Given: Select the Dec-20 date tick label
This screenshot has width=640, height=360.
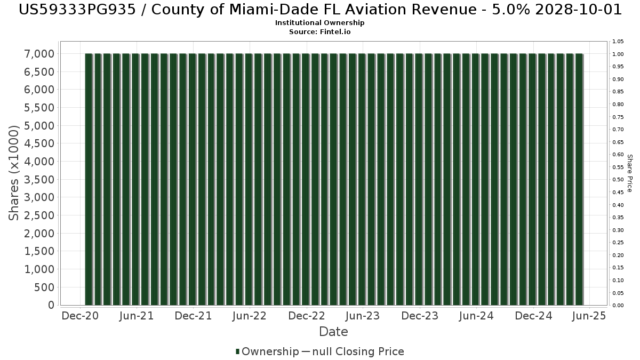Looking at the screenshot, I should coord(80,316).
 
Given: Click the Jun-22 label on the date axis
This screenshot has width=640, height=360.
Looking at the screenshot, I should coord(249,316).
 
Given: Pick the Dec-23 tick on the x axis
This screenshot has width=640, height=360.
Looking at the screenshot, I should coord(420,316).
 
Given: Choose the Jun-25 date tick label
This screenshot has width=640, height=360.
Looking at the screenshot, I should coord(589,316).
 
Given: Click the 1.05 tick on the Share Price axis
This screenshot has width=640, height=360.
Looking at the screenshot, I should coord(618,42).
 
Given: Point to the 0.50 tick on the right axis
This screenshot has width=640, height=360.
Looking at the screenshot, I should coord(618,180).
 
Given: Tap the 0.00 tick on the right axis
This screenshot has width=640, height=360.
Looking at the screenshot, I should coord(618,306).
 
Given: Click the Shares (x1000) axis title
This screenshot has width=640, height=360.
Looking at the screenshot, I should coord(14,172).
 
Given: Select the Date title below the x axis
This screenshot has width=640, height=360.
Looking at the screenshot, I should coord(333,332).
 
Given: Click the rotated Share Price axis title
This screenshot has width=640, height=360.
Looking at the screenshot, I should coord(629,173).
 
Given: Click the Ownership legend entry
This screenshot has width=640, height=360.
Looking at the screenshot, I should coord(267,351).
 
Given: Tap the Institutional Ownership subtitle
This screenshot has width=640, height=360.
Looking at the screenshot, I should coord(319,23).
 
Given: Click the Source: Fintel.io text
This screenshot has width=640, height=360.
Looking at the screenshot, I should coord(319,31).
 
